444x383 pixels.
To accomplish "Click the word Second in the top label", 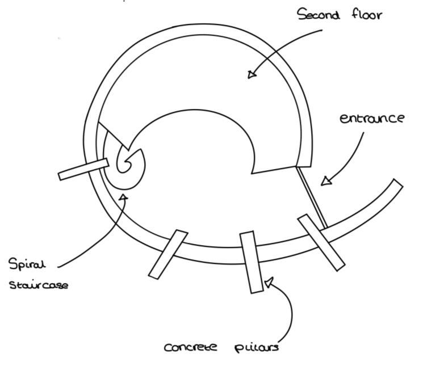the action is click(319, 14).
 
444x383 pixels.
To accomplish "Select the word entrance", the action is click(372, 118).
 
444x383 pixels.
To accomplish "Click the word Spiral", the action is click(27, 264).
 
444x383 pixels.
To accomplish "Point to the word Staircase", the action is click(39, 284).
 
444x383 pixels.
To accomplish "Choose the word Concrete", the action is click(191, 347).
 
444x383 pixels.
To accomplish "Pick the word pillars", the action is click(256, 347).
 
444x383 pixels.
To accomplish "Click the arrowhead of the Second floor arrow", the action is click(252, 74).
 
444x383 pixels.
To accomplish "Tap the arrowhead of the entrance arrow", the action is click(325, 181).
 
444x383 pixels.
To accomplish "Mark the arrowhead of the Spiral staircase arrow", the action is click(123, 197).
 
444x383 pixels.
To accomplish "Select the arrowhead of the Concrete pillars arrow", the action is click(269, 281).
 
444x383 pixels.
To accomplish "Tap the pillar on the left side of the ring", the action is click(83, 170).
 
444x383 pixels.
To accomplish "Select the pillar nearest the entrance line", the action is click(321, 242).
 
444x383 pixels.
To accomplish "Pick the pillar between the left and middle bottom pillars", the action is click(168, 254).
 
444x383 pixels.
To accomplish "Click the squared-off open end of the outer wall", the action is click(397, 184).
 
